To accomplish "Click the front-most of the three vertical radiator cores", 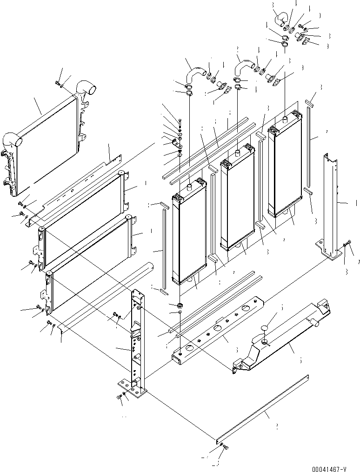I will tap(189, 233).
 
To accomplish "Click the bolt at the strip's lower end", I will tap(225, 447).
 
